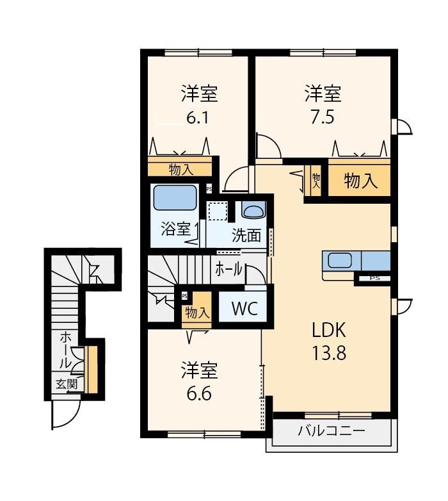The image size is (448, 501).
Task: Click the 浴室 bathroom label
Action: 175,229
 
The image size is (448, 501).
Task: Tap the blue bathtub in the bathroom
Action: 175,197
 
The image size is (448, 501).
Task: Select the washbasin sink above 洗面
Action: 253,211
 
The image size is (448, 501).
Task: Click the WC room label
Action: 244,309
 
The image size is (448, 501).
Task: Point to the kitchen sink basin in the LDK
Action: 340,260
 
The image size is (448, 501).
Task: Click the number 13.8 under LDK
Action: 329,354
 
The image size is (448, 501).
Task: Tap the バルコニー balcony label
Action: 332,431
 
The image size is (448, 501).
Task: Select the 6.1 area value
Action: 198,118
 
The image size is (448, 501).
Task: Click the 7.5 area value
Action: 323,117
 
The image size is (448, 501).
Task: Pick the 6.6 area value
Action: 199,394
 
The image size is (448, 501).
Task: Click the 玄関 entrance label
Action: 67,384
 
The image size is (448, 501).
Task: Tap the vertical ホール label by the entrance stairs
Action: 66,350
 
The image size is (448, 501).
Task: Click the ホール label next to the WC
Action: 228,270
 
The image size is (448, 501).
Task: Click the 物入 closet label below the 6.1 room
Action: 181,170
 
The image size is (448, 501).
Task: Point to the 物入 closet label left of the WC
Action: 198,313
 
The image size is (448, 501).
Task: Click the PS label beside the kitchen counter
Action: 374,278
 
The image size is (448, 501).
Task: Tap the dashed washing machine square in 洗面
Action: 218,211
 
